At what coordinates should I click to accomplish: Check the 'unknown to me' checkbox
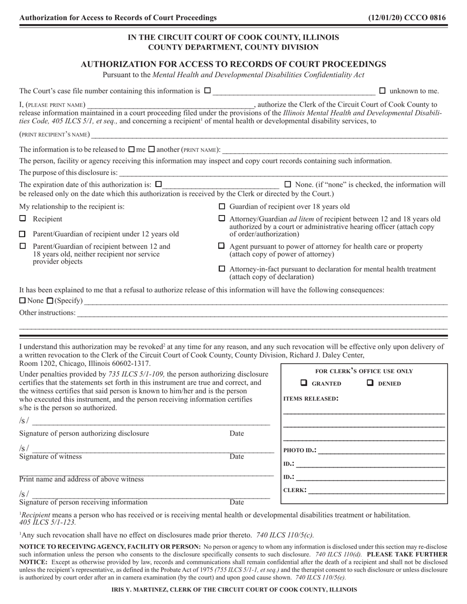click(383, 90)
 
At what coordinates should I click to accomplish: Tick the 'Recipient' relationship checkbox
click(23, 219)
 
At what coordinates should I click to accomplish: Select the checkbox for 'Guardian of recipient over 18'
click(222, 206)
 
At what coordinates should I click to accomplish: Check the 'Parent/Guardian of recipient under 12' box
click(23, 234)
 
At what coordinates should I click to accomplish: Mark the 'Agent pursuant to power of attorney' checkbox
click(222, 246)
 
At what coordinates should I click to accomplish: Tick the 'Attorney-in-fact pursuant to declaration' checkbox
click(222, 269)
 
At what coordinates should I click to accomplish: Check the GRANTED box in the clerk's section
click(304, 383)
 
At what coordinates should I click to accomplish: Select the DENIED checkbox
click(370, 383)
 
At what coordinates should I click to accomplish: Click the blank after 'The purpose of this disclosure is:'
click(283, 172)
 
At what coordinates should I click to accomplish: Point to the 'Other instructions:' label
click(48, 313)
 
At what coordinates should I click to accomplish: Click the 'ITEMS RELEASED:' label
click(311, 399)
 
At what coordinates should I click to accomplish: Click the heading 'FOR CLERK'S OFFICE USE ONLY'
click(364, 371)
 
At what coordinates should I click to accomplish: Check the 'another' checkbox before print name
click(152, 149)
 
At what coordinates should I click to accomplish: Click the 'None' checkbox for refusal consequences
click(22, 301)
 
